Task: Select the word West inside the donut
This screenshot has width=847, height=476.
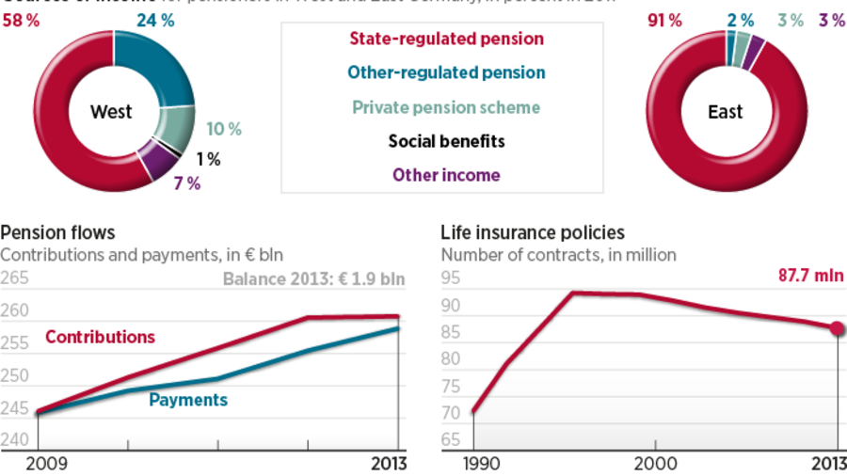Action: click(x=111, y=112)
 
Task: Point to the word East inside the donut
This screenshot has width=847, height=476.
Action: click(x=725, y=112)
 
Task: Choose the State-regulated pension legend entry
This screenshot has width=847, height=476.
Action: click(x=446, y=40)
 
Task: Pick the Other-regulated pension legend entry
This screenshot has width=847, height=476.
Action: click(x=446, y=72)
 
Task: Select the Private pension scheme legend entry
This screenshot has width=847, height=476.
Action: click(x=446, y=107)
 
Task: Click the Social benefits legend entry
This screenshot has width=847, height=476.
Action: click(x=446, y=141)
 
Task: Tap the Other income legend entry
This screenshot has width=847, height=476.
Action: click(x=446, y=175)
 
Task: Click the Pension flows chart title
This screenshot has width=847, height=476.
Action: click(x=58, y=232)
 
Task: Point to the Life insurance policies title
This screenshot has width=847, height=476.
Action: click(x=533, y=232)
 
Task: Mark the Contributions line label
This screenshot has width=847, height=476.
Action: click(x=100, y=337)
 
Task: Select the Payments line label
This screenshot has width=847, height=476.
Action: click(x=188, y=400)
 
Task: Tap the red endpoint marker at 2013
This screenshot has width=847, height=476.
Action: click(x=838, y=328)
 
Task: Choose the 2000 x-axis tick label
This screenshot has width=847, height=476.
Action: click(x=655, y=463)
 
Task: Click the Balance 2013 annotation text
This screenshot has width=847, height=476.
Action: click(x=313, y=278)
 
